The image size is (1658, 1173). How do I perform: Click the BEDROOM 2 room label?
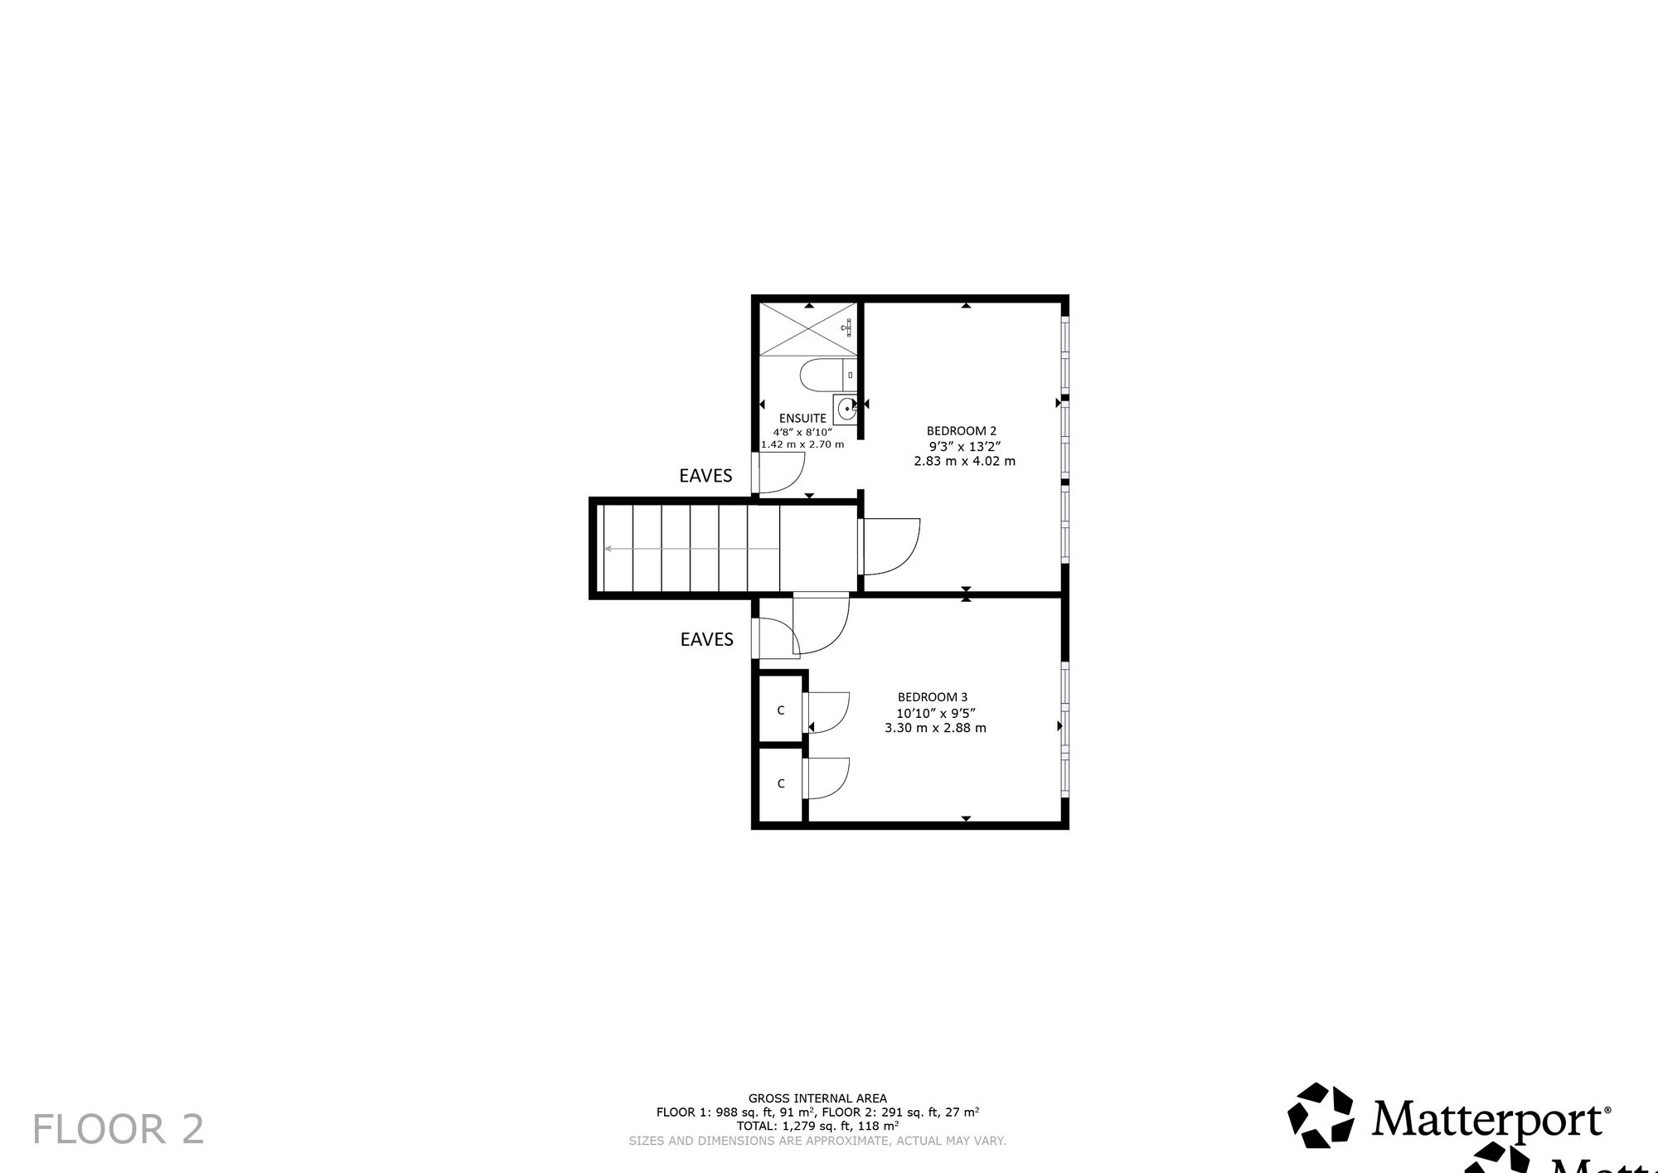click(x=961, y=431)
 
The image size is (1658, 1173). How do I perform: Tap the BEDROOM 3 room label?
click(x=932, y=697)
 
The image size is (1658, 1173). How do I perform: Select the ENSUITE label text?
click(x=802, y=419)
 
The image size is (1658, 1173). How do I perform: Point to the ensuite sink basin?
click(x=846, y=410)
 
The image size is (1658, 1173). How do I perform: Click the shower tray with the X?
click(x=809, y=330)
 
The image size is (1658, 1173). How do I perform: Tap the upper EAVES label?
click(x=705, y=476)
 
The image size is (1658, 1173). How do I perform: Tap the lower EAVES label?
click(x=706, y=639)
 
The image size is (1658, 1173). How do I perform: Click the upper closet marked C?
click(x=780, y=710)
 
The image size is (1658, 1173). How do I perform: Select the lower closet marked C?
click(x=780, y=783)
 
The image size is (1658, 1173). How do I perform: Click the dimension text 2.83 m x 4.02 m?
click(x=964, y=461)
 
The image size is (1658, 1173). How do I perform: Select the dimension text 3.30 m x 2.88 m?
click(x=935, y=728)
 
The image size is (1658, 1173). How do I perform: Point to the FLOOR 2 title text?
click(x=119, y=1130)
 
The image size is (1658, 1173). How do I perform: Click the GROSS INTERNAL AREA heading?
click(x=817, y=1098)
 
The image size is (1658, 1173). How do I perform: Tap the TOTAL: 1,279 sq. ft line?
click(x=817, y=1127)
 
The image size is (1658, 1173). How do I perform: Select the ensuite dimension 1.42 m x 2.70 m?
click(x=802, y=444)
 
